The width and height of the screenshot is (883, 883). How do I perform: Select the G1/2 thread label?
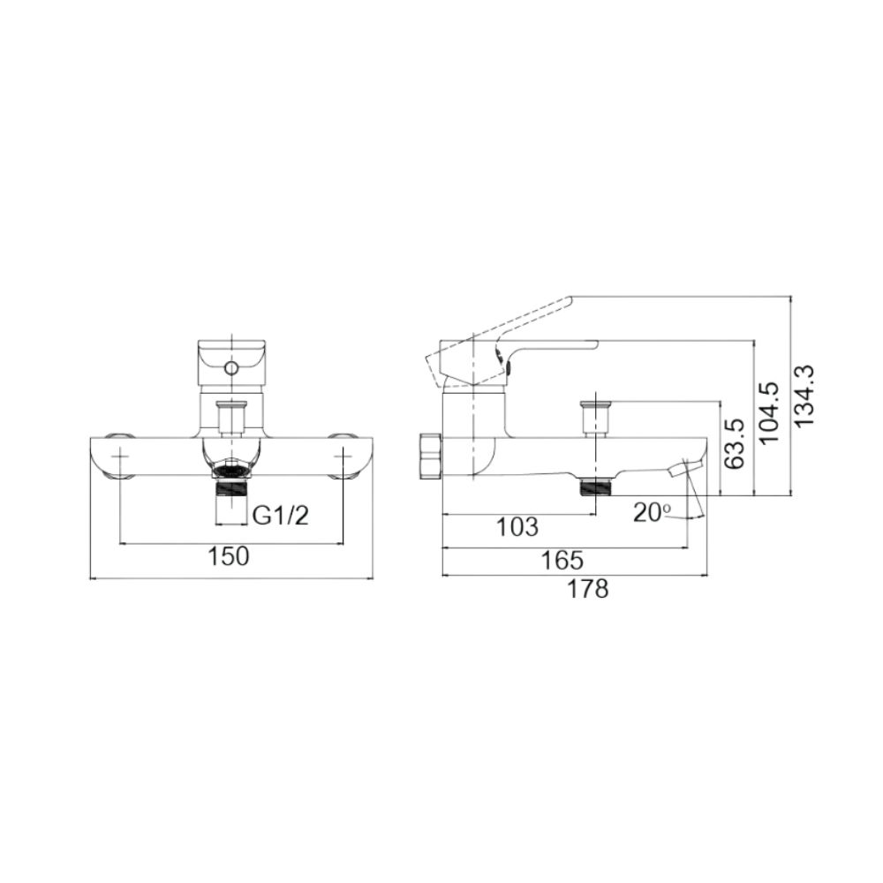281,516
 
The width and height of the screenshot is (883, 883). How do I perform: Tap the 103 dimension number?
517,528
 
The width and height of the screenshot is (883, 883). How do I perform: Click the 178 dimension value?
588,590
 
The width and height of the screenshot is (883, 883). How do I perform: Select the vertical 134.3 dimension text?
804,396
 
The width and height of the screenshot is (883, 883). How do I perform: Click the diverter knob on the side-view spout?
596,415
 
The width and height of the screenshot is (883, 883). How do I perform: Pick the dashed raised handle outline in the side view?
512,331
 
